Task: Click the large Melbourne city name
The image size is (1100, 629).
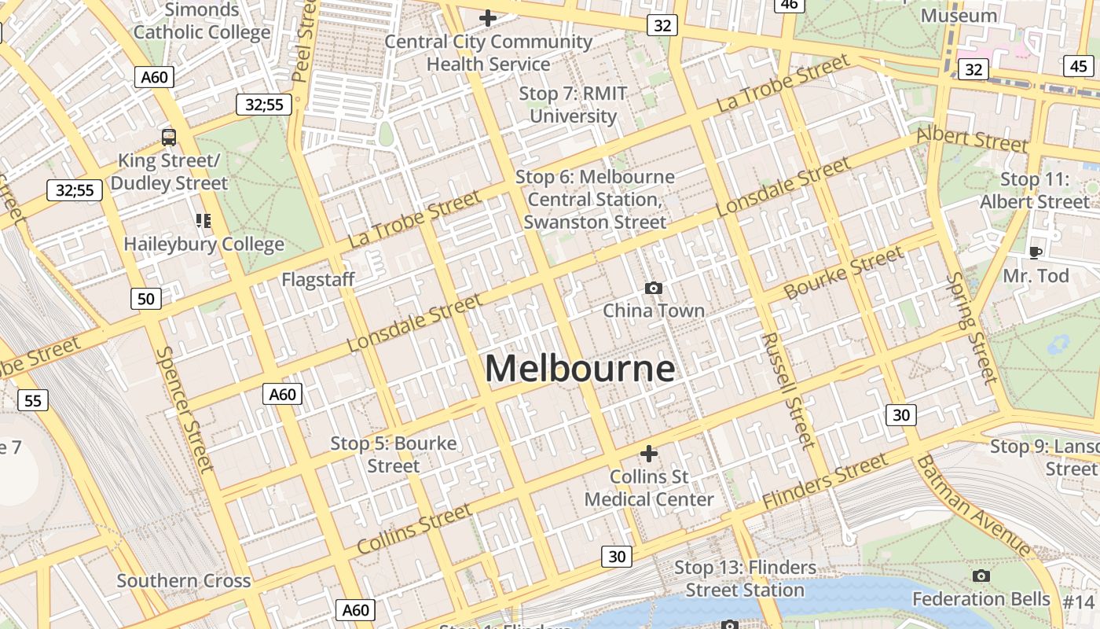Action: click(x=580, y=369)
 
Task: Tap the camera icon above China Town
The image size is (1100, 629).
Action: click(x=653, y=289)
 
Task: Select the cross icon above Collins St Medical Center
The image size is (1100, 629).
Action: click(x=649, y=454)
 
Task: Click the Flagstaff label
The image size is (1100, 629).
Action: click(x=318, y=279)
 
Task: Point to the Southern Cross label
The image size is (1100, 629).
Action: click(x=184, y=581)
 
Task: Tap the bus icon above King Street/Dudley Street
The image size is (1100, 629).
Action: click(x=169, y=138)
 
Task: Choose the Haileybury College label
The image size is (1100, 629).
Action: click(x=203, y=244)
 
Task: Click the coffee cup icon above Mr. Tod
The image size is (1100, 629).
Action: click(x=1036, y=252)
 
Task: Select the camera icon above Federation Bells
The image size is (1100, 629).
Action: click(x=981, y=576)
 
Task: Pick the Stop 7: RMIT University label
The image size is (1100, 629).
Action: click(x=573, y=105)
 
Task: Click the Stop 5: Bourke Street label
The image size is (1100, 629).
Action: click(x=394, y=454)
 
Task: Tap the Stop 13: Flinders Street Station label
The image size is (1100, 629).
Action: click(x=745, y=579)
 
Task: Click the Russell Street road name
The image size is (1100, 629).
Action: click(x=789, y=390)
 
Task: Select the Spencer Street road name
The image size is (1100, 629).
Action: click(x=185, y=410)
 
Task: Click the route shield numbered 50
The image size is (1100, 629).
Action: click(x=146, y=299)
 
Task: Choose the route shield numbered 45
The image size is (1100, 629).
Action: click(x=1078, y=66)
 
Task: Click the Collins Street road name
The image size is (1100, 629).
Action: click(x=414, y=529)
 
